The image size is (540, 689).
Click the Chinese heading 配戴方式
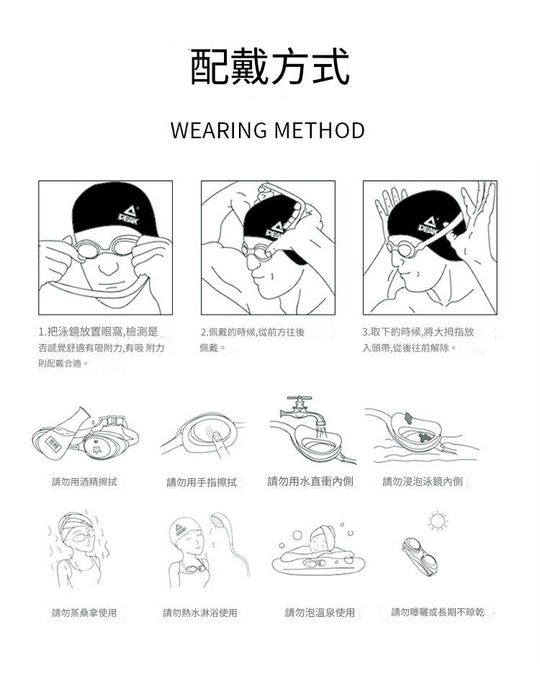[269, 66]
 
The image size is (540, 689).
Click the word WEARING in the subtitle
[219, 130]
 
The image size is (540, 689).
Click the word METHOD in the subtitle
[320, 130]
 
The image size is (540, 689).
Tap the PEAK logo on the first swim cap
[129, 215]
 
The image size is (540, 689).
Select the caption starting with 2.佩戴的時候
[252, 340]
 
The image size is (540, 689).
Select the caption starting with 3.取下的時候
[418, 340]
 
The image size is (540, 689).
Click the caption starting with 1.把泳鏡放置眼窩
[101, 347]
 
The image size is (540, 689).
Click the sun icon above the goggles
[438, 521]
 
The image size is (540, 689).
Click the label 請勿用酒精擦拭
[84, 482]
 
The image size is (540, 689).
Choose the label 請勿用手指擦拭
[202, 482]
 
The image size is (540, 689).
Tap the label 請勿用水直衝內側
[310, 481]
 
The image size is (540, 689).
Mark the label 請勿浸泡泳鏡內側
[422, 482]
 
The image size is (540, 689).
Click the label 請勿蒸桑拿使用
[84, 613]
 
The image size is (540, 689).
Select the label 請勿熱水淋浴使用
[200, 613]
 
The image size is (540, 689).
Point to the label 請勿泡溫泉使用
[320, 613]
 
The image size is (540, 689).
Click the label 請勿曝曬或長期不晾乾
[438, 612]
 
